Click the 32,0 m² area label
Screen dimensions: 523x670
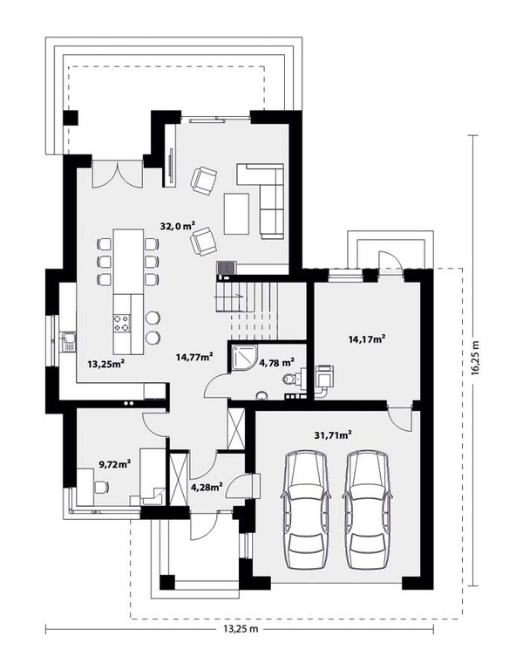tap(178, 226)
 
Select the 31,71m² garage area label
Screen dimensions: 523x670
tap(333, 435)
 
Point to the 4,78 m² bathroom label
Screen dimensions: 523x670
tap(276, 363)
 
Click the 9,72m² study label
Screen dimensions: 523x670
tap(115, 463)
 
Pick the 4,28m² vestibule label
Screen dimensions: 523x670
tap(207, 487)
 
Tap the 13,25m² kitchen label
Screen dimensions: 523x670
tap(105, 364)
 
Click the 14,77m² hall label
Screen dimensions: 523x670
tap(194, 356)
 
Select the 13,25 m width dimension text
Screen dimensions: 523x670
tap(241, 628)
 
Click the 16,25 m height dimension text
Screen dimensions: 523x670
tap(476, 358)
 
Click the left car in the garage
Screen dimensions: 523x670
tap(306, 509)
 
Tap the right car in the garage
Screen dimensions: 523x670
tap(369, 509)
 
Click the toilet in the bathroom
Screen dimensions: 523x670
tap(292, 379)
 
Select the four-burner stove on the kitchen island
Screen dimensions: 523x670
tap(122, 323)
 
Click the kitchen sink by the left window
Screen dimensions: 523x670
tap(68, 341)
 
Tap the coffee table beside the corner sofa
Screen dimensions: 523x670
tap(236, 214)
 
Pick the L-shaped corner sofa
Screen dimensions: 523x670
tap(261, 201)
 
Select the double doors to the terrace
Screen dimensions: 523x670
tap(117, 174)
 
